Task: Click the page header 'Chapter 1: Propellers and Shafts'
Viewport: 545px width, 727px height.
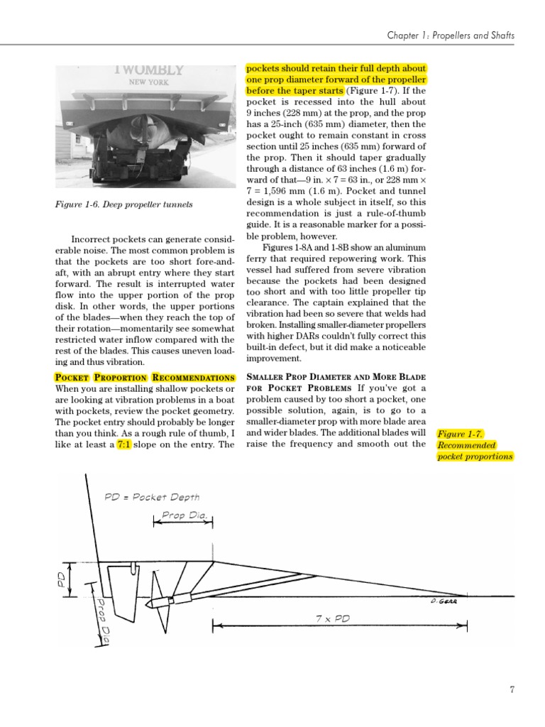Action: (x=451, y=35)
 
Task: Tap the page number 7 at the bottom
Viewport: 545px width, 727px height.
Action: (x=512, y=689)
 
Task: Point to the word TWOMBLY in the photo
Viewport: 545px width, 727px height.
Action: (x=148, y=70)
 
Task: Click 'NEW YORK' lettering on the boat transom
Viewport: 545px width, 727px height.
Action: (x=148, y=82)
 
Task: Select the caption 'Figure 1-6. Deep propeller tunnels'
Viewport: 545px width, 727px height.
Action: (x=123, y=205)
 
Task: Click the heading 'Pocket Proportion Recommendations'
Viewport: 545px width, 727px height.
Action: (x=144, y=377)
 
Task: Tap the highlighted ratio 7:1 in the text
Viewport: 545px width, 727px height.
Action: (x=124, y=444)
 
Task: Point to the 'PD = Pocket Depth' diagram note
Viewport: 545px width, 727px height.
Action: (x=152, y=498)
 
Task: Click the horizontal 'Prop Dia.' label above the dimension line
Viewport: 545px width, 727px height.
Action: (x=183, y=515)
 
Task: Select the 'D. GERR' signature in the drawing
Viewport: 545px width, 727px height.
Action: (x=444, y=601)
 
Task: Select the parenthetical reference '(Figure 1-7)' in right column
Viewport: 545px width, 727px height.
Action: (x=370, y=92)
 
